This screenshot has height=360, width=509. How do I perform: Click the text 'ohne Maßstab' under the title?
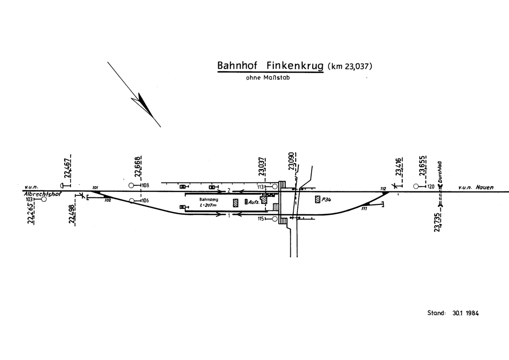[268, 78]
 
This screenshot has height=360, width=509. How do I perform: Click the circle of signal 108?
[131, 185]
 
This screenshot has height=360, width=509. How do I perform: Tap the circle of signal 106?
[131, 201]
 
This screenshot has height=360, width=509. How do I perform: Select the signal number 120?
[431, 186]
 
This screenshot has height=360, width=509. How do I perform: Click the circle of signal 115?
[275, 219]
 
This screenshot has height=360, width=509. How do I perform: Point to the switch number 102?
[107, 200]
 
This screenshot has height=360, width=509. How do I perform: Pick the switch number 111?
[364, 209]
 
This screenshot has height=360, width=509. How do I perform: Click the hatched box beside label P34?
[317, 199]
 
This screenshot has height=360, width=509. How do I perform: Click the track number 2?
[228, 191]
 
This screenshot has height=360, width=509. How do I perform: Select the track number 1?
[228, 215]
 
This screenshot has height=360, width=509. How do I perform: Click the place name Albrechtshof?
[42, 194]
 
